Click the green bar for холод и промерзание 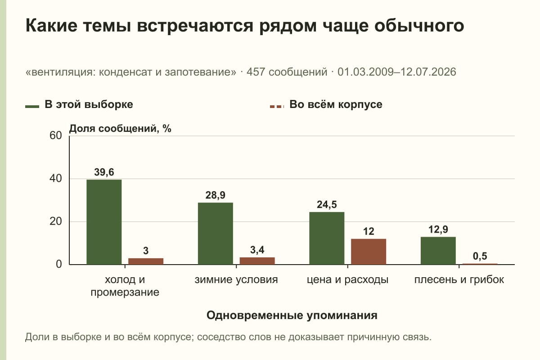click(104, 222)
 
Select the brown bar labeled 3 click(146, 261)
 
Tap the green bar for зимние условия click(215, 234)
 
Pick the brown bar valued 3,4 click(257, 261)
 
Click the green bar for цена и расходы click(327, 238)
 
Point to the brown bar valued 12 click(369, 252)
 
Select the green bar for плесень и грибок click(438, 251)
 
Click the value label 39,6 click(104, 172)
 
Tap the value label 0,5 click(480, 256)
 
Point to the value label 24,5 click(327, 205)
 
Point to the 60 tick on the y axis click(56, 135)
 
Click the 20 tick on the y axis click(56, 221)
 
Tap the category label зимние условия click(236, 280)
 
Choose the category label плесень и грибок click(459, 280)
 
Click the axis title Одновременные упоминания click(292, 315)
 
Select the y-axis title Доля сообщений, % click(120, 129)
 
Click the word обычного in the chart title click(419, 26)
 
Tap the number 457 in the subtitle click(256, 72)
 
